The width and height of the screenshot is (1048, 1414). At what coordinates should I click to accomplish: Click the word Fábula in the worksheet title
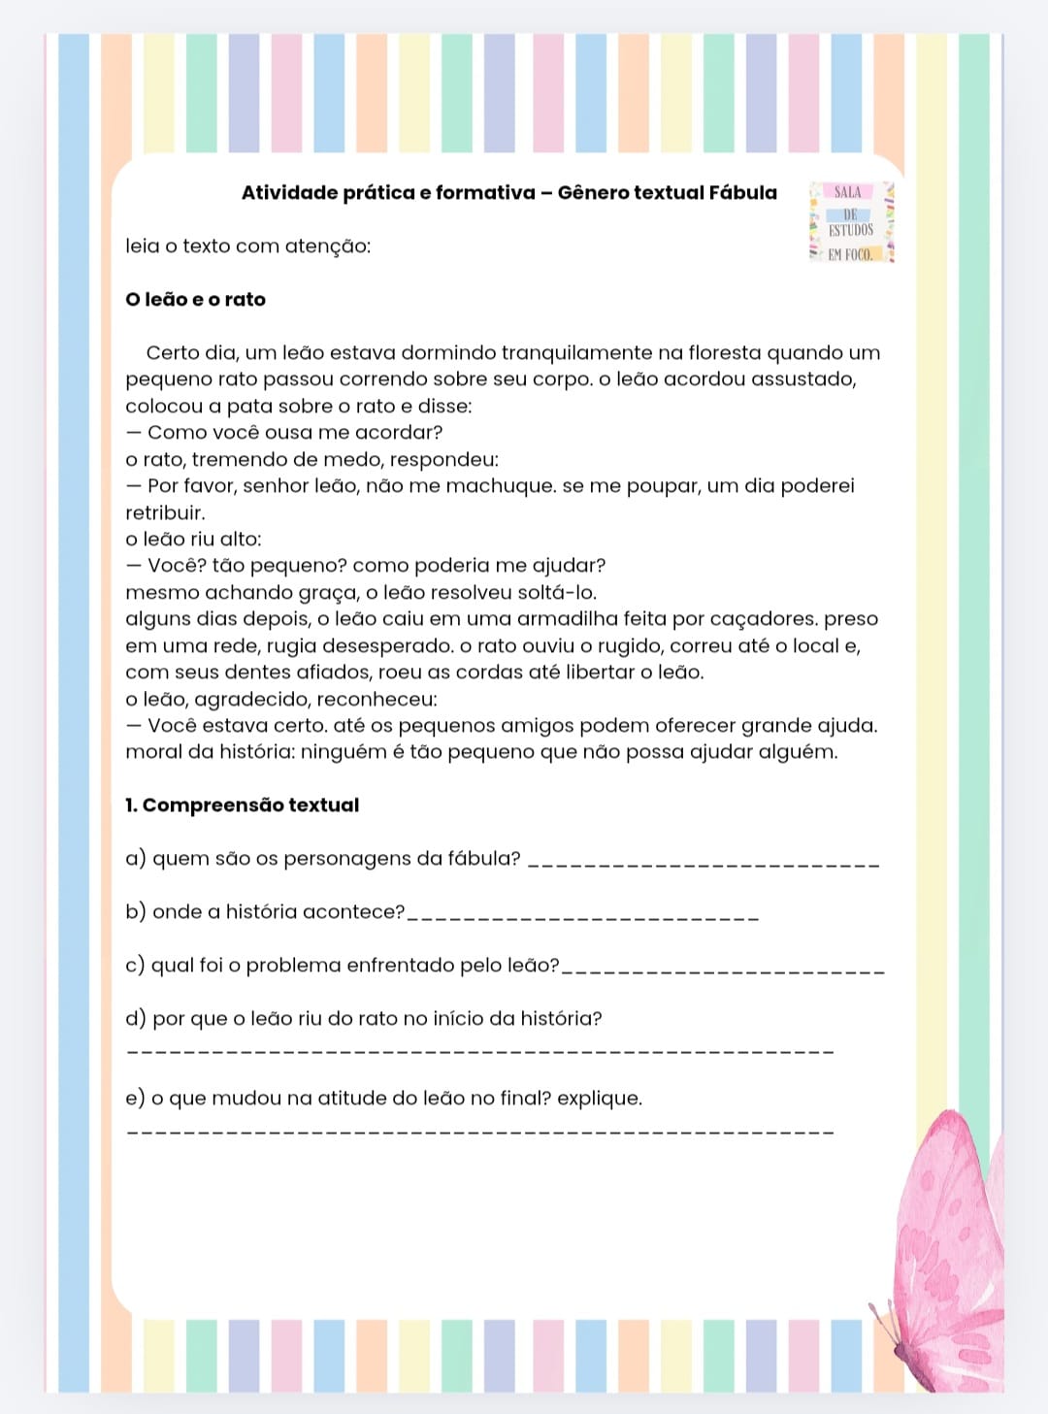click(x=742, y=192)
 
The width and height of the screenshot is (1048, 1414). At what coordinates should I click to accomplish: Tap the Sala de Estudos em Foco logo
click(x=850, y=223)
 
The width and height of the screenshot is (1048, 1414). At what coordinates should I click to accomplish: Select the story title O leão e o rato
click(x=195, y=299)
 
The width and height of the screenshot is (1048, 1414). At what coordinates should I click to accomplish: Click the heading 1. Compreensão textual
click(x=242, y=805)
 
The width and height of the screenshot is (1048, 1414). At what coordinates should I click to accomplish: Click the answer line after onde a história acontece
click(x=582, y=916)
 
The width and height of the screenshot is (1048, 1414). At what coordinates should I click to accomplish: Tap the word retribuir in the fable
click(x=165, y=512)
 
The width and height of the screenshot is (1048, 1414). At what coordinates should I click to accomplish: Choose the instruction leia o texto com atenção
click(x=247, y=246)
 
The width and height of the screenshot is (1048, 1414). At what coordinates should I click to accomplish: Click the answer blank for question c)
click(x=723, y=970)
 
